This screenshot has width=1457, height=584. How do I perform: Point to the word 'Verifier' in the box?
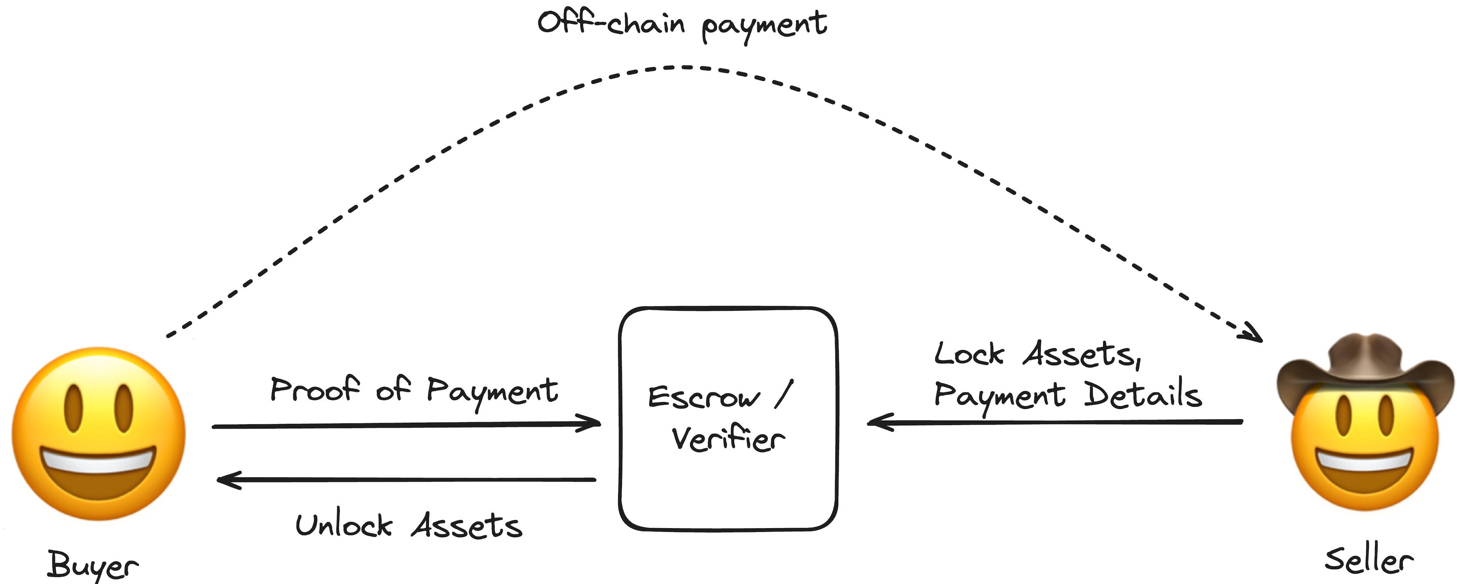pos(728,439)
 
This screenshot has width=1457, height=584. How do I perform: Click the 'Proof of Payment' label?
pos(414,391)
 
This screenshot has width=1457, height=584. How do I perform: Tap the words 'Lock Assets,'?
pos(1037,355)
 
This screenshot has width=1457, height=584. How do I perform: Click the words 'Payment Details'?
pos(1067,395)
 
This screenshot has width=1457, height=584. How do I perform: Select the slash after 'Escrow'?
pos(783,393)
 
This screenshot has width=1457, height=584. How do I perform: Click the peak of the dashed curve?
pos(684,67)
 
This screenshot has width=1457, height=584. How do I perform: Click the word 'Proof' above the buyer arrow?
pos(314,389)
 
